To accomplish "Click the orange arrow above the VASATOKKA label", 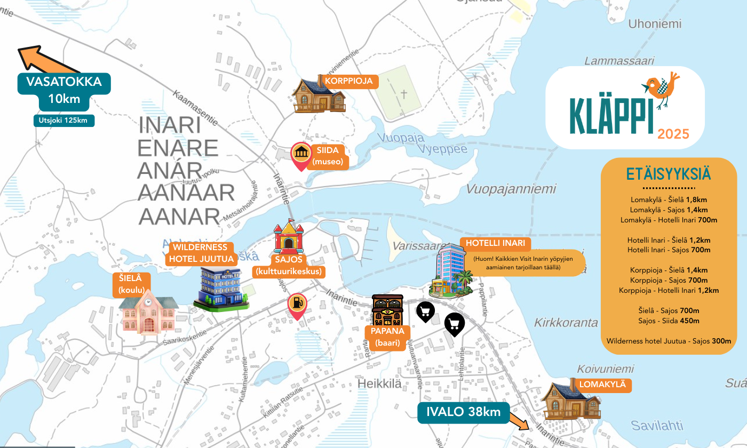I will [45, 60].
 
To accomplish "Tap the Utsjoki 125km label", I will [63, 121].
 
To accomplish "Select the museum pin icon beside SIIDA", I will [301, 155].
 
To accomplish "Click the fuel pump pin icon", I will [297, 305].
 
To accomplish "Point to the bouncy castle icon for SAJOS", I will [288, 238].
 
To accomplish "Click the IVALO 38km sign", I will [463, 412].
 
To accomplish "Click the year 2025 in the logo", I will [673, 134].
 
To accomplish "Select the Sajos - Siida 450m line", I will [669, 321].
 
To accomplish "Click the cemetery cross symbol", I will [404, 94].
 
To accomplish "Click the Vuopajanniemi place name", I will [511, 189].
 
